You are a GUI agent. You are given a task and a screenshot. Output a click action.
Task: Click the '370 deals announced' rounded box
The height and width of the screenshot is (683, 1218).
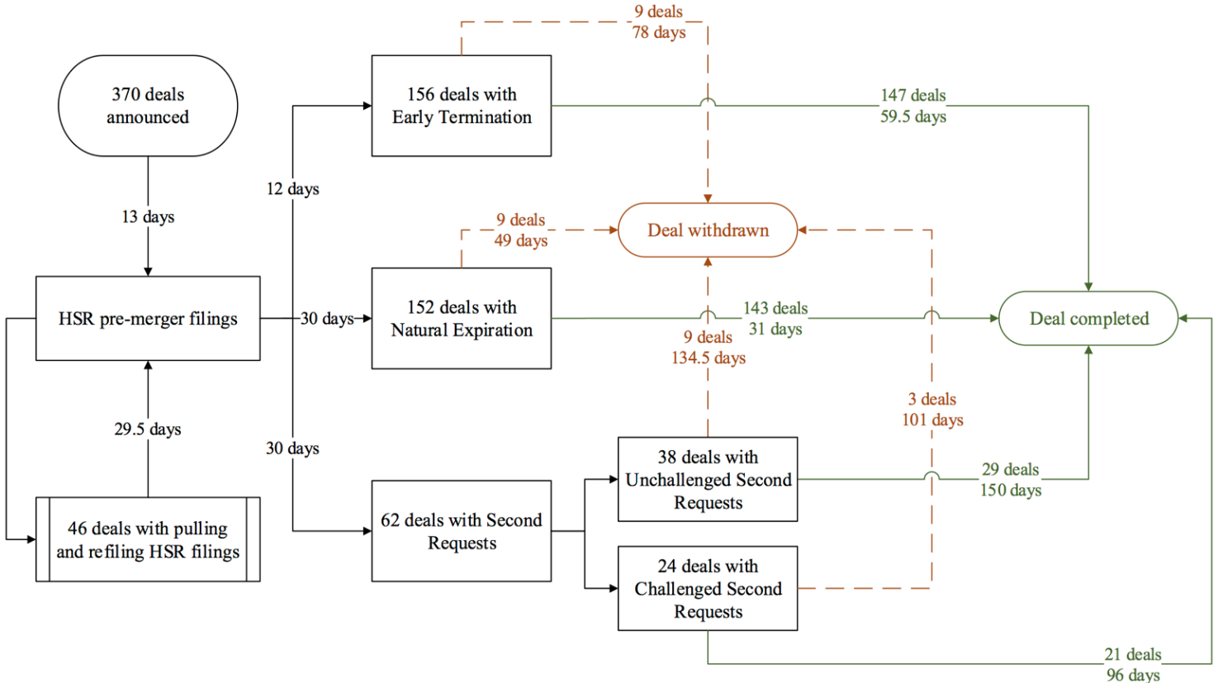[x=148, y=106]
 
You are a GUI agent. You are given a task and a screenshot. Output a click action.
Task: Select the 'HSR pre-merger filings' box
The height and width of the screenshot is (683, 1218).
[x=148, y=319]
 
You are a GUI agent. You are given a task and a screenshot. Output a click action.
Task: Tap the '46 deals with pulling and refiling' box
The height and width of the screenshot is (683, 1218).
[x=148, y=539]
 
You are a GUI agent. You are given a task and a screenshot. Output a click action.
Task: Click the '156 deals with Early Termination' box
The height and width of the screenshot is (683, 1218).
[x=462, y=106]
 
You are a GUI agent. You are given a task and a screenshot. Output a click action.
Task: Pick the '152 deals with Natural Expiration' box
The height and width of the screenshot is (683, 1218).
[x=462, y=319]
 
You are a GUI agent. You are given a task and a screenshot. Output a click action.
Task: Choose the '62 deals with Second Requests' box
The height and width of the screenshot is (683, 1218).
[x=462, y=531]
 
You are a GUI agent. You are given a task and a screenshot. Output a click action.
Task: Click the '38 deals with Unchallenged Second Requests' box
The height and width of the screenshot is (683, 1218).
[x=708, y=480]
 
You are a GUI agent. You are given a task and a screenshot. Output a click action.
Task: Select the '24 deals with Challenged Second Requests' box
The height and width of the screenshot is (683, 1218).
[x=708, y=589]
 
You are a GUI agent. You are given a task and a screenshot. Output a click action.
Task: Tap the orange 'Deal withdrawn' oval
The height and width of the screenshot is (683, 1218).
[x=708, y=230]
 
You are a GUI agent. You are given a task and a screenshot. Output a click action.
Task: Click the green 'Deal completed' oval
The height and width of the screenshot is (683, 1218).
[x=1088, y=319]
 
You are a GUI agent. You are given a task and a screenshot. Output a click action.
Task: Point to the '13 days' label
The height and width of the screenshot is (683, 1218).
[x=148, y=216]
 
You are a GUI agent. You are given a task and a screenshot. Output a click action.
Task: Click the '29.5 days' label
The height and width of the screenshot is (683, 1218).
[x=148, y=429]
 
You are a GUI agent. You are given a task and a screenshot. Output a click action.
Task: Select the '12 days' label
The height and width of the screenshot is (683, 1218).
[x=292, y=189]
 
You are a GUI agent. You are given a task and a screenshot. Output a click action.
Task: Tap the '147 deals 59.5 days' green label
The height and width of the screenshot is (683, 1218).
[x=913, y=106]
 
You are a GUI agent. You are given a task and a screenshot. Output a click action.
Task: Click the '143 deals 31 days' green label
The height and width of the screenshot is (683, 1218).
[x=775, y=319]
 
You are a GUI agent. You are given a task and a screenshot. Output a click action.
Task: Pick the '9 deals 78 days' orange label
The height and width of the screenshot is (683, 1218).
[x=659, y=22]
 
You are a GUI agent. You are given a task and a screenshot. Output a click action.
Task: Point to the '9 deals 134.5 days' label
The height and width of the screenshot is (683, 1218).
[x=709, y=348]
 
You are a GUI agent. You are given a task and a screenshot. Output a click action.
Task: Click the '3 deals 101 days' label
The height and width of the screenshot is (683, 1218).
[x=932, y=410]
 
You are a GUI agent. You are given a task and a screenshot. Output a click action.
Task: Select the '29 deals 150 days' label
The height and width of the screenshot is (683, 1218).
[x=1011, y=480]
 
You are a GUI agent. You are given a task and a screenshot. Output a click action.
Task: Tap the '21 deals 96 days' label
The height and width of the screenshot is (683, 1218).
[x=1133, y=665]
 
